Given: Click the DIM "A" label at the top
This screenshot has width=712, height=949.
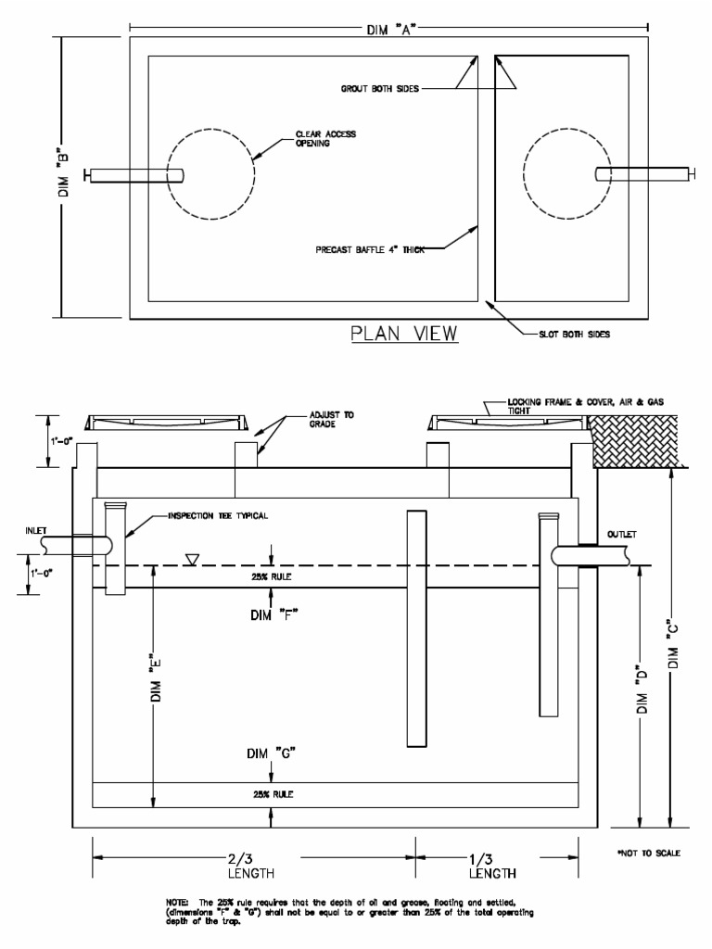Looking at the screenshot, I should (x=388, y=28).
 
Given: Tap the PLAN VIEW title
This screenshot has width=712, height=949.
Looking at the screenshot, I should (x=403, y=333).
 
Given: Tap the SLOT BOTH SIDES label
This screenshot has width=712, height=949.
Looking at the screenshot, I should (x=576, y=334).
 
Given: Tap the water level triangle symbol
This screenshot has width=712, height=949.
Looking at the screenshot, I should (x=192, y=559).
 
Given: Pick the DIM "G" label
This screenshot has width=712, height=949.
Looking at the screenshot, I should (x=272, y=753).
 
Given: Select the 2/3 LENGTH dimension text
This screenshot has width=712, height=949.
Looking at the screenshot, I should (x=252, y=865).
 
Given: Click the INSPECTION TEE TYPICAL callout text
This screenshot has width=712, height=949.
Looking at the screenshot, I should (x=218, y=515).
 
